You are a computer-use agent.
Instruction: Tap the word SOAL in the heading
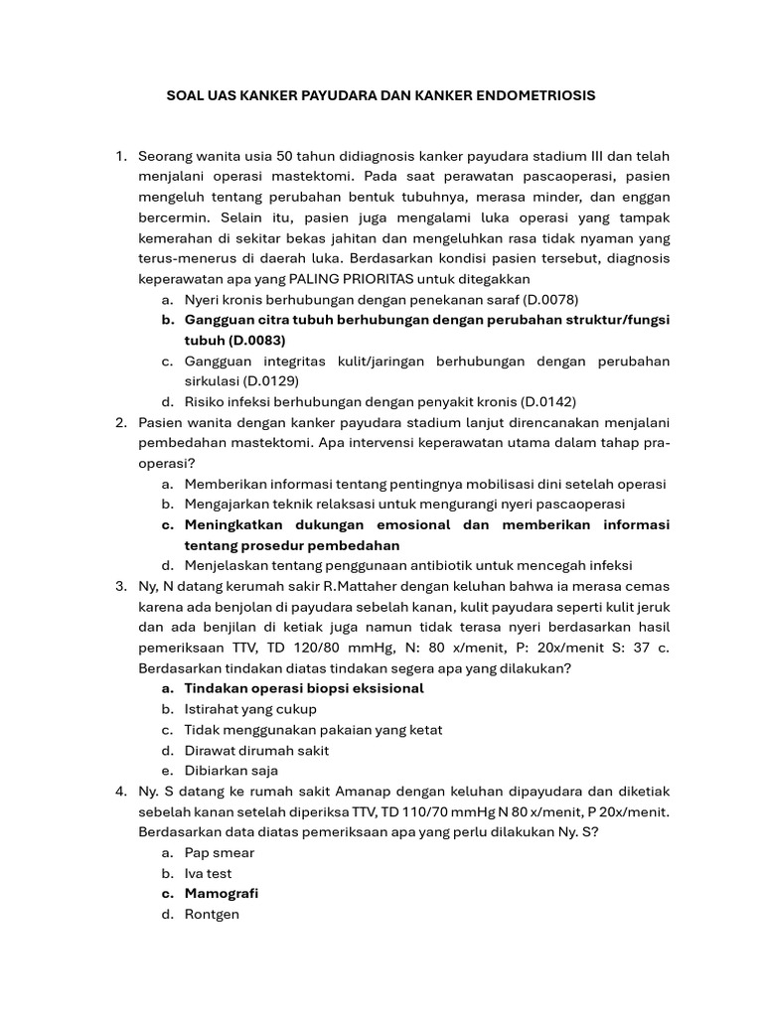[x=184, y=96]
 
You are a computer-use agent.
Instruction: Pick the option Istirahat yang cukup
[x=250, y=709]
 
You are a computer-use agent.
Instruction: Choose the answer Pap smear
[x=220, y=853]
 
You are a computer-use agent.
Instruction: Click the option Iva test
[x=208, y=873]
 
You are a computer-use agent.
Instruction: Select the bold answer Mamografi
[x=222, y=894]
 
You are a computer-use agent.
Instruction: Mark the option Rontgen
[x=212, y=914]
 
